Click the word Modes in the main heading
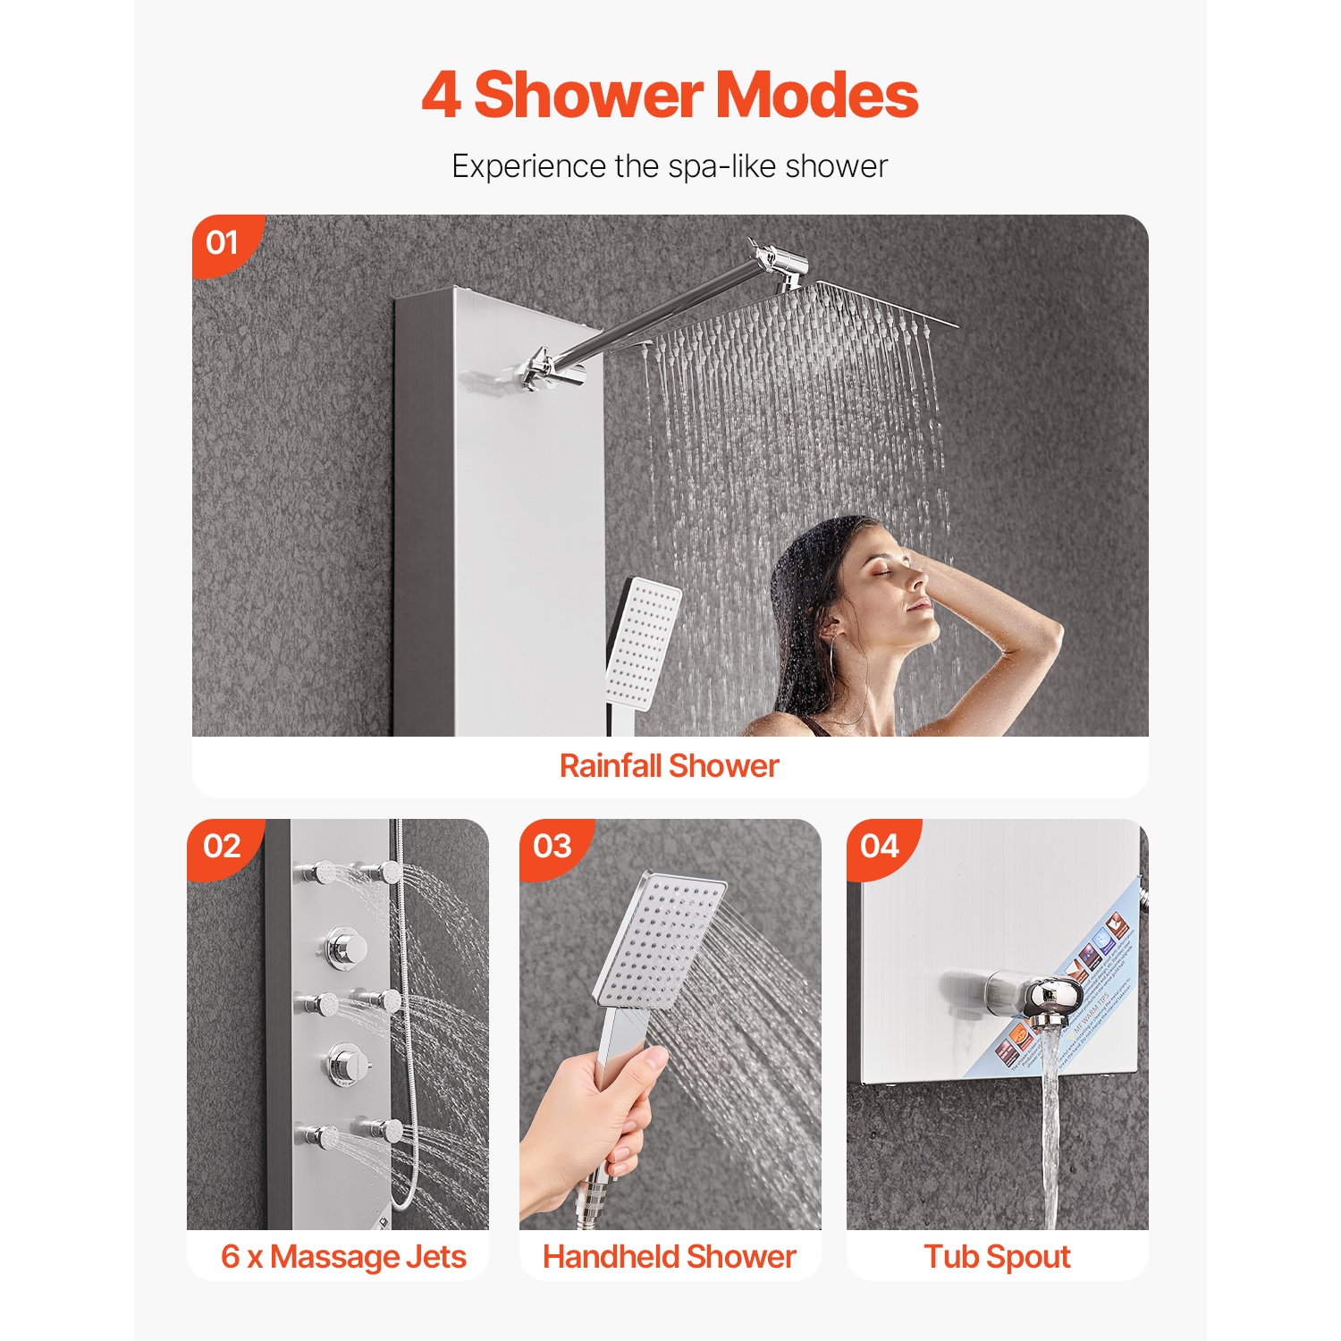pyautogui.click(x=816, y=96)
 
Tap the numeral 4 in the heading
pyautogui.click(x=441, y=96)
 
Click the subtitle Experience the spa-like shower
pyautogui.click(x=670, y=166)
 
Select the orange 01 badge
pyautogui.click(x=223, y=242)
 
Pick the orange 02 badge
pyautogui.click(x=222, y=846)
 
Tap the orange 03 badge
pyautogui.click(x=552, y=846)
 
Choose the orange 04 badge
pyautogui.click(x=880, y=846)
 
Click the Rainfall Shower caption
pyautogui.click(x=670, y=766)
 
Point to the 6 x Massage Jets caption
pyautogui.click(x=343, y=1256)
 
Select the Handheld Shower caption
pyautogui.click(x=670, y=1256)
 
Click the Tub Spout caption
pyautogui.click(x=997, y=1256)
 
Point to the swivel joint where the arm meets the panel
pyautogui.click(x=538, y=368)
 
